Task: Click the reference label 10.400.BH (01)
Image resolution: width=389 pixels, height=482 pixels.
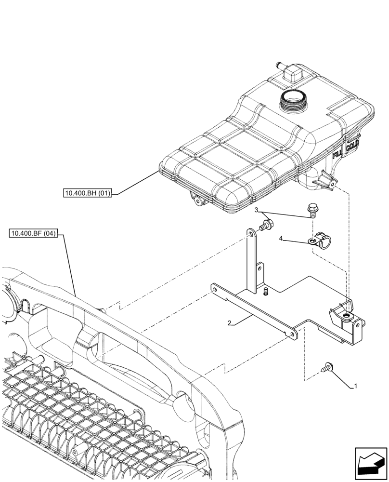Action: [87, 194]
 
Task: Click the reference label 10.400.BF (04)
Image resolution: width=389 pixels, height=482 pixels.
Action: [33, 234]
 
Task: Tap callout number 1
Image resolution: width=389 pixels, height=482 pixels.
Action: [355, 386]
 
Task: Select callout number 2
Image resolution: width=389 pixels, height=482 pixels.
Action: [231, 324]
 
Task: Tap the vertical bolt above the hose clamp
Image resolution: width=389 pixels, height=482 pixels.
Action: [311, 211]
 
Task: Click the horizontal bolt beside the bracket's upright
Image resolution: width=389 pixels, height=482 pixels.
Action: [266, 224]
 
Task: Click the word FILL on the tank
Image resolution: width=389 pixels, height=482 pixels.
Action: [337, 153]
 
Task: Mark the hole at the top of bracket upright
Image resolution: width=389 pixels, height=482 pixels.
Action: [251, 233]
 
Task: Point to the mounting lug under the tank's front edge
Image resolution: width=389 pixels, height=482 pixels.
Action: [197, 199]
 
